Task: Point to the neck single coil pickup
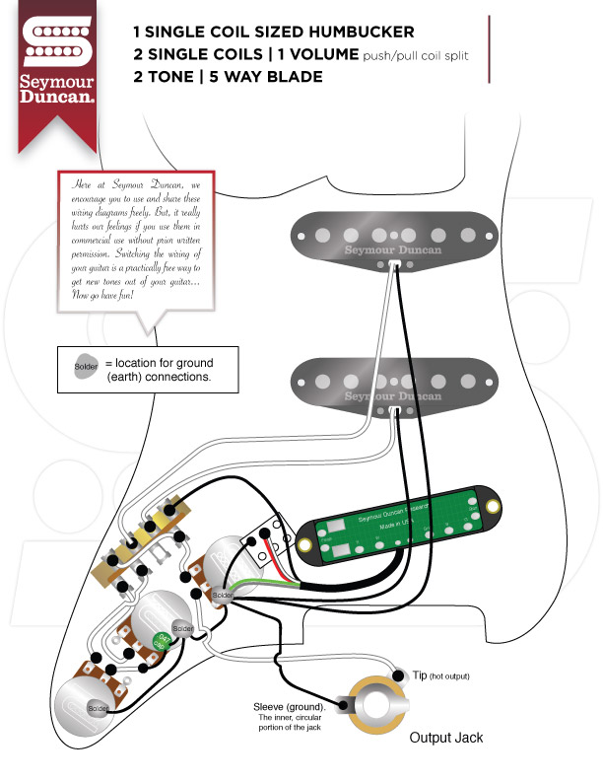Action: (x=393, y=238)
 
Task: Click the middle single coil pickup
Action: (x=393, y=382)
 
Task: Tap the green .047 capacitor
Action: (x=160, y=641)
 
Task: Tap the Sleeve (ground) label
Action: (x=292, y=707)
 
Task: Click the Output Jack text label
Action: (x=446, y=737)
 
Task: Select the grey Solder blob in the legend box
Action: (x=86, y=368)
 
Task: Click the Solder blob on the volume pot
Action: (x=223, y=597)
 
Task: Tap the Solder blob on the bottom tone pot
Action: (x=98, y=708)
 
